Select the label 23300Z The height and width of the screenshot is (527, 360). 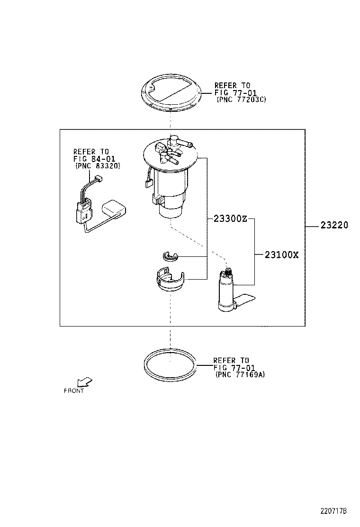[x=230, y=219]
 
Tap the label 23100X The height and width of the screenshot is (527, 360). [x=281, y=254]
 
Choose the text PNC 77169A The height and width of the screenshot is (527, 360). [x=240, y=374]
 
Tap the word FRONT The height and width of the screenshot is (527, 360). [x=74, y=391]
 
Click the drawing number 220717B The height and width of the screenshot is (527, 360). [x=334, y=511]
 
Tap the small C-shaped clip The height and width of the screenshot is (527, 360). [x=169, y=256]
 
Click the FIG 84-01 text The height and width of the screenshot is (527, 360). [x=94, y=159]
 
